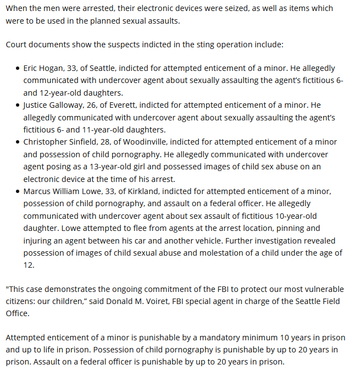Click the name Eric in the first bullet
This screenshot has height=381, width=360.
(x=32, y=68)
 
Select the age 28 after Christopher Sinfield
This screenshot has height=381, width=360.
(x=118, y=142)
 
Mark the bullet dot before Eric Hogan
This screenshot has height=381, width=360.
(x=17, y=69)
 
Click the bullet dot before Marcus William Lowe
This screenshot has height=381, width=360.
(x=17, y=192)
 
